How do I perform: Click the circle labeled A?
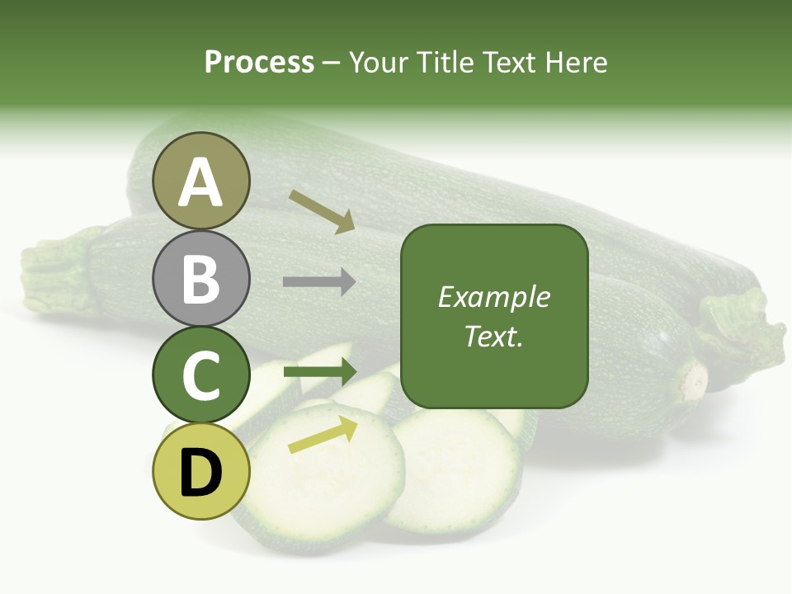tap(200, 181)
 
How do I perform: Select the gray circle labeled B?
tap(200, 278)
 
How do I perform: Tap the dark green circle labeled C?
tap(200, 375)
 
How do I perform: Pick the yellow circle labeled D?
tap(200, 471)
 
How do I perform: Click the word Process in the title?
tap(259, 63)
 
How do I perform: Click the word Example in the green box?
tap(493, 297)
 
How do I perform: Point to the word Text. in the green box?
tap(493, 337)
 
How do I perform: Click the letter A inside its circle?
tap(200, 183)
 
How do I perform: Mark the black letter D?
tap(200, 474)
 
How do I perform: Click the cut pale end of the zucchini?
tap(693, 382)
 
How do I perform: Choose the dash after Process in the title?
tap(332, 64)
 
